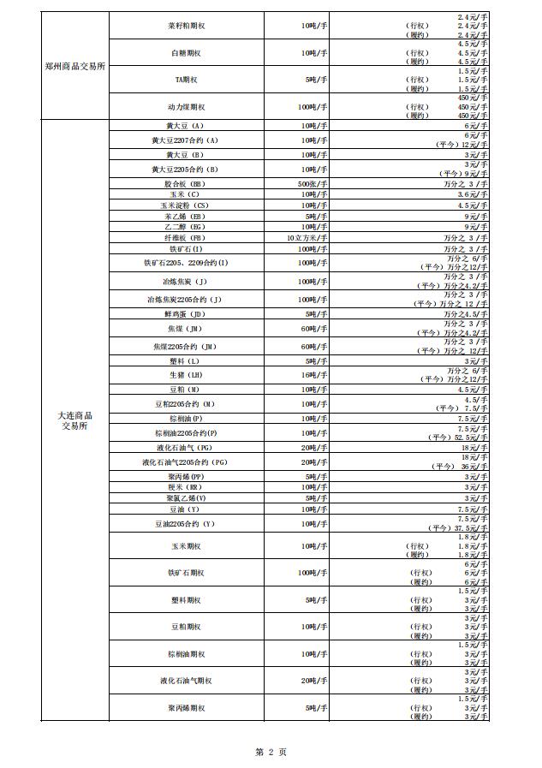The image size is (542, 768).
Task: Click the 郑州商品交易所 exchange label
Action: coord(75,66)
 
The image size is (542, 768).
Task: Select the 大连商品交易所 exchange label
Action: coord(75,420)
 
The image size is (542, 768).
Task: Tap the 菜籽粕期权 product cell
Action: coord(186,26)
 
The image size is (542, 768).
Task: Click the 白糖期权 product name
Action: coord(186,53)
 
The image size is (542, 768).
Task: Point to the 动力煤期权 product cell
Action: coord(186,107)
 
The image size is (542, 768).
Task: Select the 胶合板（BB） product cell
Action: coord(186,184)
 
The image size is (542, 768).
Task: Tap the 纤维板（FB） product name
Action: coord(186,237)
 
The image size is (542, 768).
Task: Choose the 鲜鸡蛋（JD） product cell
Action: coord(186,314)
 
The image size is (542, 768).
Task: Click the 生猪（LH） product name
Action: coord(186,374)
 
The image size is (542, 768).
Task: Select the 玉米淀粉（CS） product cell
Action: coord(186,205)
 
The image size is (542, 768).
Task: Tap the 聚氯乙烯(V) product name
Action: coord(186,497)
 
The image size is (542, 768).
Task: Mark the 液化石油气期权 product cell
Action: coord(186,681)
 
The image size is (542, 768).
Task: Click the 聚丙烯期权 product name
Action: coord(186,708)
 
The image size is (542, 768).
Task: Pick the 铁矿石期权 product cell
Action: coord(186,572)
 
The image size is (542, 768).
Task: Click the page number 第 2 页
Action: coord(271,752)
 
